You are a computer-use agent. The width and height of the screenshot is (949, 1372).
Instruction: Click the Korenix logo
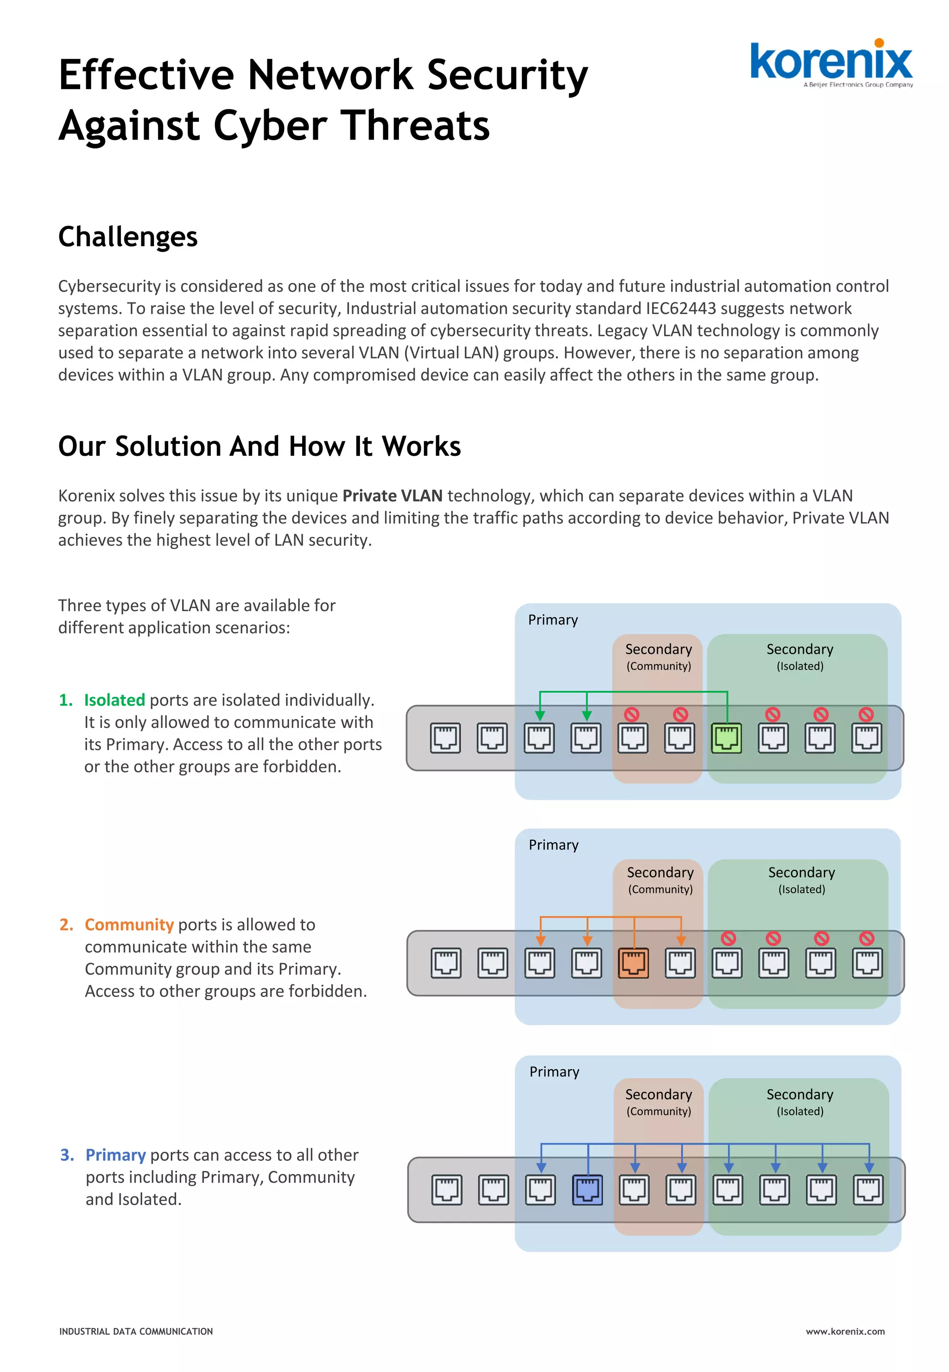click(x=831, y=63)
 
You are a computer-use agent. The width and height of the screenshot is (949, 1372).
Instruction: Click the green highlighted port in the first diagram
click(x=726, y=738)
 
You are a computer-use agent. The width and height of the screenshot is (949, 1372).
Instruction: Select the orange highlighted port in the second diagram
click(x=633, y=963)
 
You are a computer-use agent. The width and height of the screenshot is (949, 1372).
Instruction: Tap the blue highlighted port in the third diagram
click(x=587, y=1189)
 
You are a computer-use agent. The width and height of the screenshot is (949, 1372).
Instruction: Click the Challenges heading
click(x=128, y=237)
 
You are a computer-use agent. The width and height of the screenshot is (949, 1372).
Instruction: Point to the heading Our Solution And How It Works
click(x=259, y=446)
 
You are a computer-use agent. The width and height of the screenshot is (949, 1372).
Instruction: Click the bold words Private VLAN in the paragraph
click(x=392, y=496)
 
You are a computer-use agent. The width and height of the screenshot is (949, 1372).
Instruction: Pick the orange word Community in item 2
click(x=129, y=925)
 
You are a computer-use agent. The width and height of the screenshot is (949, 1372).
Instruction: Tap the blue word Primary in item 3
click(x=115, y=1155)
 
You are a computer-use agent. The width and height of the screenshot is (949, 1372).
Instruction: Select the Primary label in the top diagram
click(x=553, y=620)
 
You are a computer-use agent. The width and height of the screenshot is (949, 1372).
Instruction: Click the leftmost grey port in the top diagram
click(x=445, y=738)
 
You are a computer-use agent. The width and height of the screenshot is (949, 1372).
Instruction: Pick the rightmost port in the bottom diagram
click(x=868, y=1189)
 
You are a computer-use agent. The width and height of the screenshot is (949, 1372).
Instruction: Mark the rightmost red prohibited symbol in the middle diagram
click(x=867, y=938)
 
